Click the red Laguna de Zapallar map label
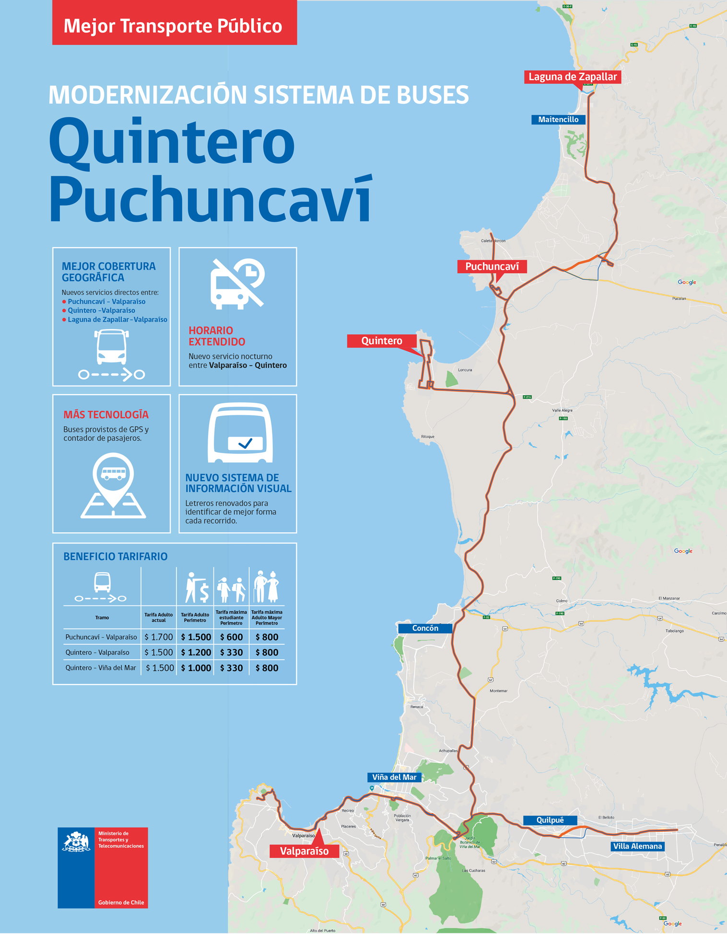[572, 77]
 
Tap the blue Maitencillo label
[558, 120]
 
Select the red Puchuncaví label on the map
[492, 267]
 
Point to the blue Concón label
[425, 628]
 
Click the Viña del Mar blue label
[394, 777]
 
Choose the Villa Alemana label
[637, 846]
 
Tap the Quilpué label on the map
[550, 820]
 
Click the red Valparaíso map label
[304, 851]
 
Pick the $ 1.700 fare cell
[159, 637]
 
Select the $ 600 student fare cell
[231, 637]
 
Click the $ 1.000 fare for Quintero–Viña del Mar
[196, 668]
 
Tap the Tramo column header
[102, 617]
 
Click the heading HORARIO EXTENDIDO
[217, 336]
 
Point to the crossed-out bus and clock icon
[237, 284]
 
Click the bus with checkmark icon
[240, 433]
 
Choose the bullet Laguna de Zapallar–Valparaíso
[117, 319]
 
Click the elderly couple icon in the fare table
[267, 586]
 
